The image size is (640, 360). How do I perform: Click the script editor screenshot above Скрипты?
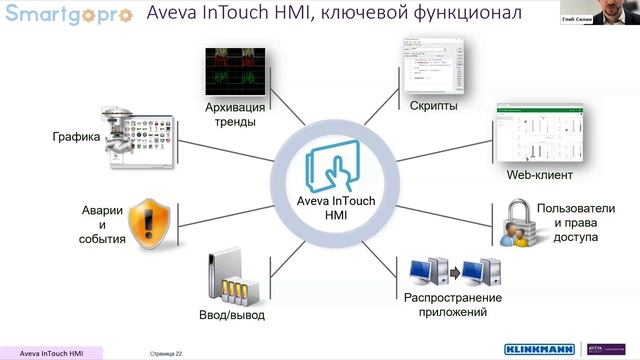pos(434,66)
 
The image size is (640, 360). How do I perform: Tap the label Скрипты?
pos(434,105)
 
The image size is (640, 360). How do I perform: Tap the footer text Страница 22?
pos(166,353)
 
